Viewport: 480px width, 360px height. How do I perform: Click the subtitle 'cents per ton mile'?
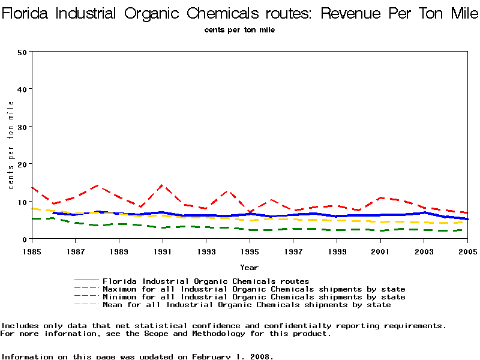pyautogui.click(x=239, y=29)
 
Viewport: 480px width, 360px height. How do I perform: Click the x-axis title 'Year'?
pyautogui.click(x=249, y=267)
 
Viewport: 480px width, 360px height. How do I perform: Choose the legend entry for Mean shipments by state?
pyautogui.click(x=247, y=305)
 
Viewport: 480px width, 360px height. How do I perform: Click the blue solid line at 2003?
pyautogui.click(x=424, y=212)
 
